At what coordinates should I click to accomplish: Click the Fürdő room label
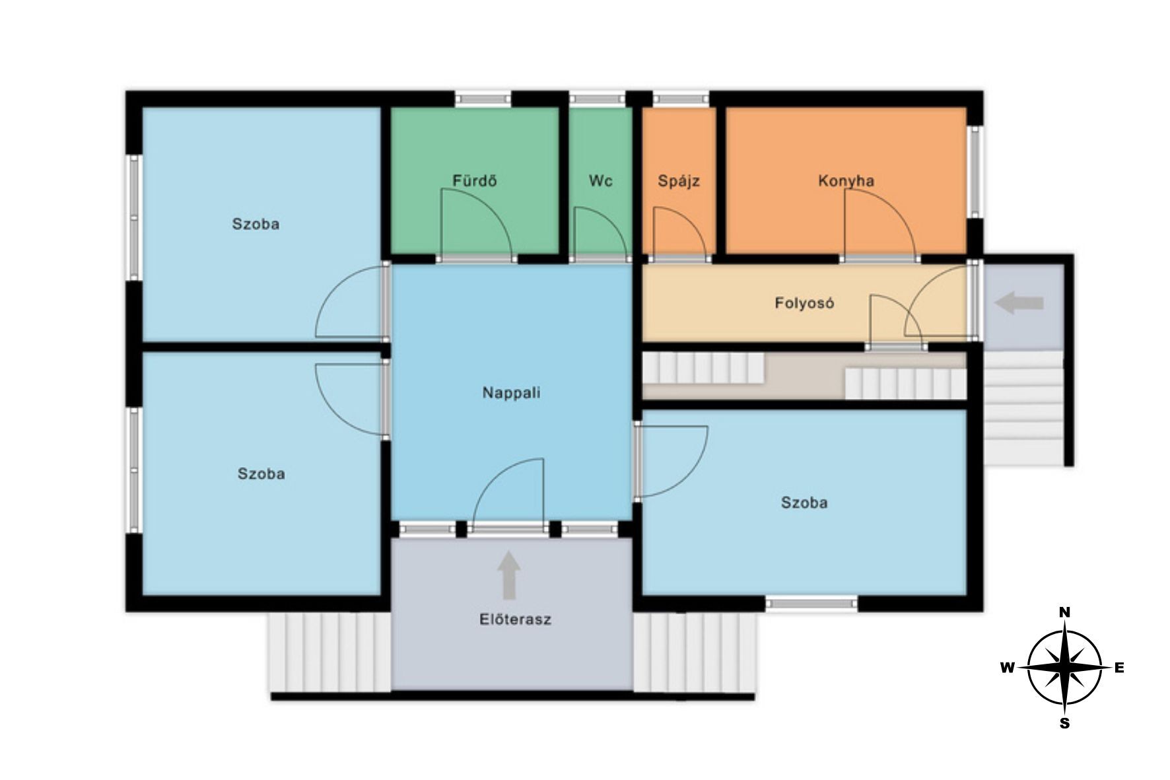coord(474,180)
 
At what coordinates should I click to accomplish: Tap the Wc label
coord(600,180)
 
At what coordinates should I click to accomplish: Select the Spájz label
coord(679,181)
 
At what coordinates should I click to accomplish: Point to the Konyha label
coord(846,181)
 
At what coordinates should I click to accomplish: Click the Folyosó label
coord(804,303)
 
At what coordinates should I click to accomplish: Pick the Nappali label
coord(511,393)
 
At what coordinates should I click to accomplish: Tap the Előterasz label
coord(515,620)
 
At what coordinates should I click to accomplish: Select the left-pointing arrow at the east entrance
coord(1019,303)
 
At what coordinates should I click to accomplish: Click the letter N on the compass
coord(1064,612)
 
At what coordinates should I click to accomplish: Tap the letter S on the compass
coord(1064,724)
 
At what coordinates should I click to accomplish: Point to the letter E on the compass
coord(1119,668)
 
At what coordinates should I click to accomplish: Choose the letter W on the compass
coord(1008,668)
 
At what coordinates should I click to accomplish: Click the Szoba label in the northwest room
coord(256,224)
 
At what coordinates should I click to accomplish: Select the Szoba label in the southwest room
coord(261,474)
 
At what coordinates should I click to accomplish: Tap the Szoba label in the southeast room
coord(804,503)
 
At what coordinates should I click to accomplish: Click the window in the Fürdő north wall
coord(483,99)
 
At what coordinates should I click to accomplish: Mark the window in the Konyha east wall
coord(975,171)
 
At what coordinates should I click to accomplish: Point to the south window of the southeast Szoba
coord(812,603)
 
